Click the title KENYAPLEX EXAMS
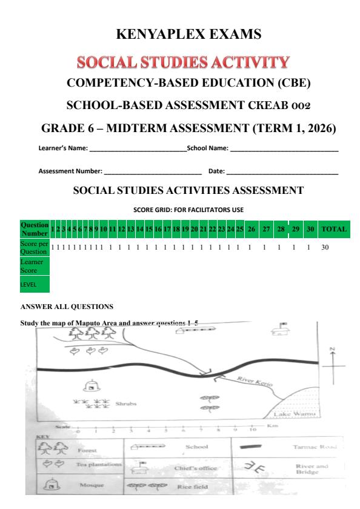179,35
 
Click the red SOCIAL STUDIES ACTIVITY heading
179,62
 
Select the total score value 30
325,248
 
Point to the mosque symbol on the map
91,384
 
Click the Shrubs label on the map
124,404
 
